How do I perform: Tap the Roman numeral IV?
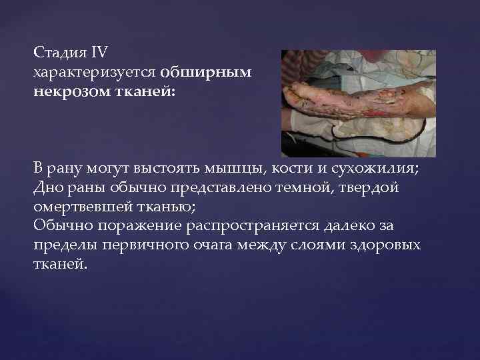(x=88, y=53)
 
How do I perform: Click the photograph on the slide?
(x=358, y=103)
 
